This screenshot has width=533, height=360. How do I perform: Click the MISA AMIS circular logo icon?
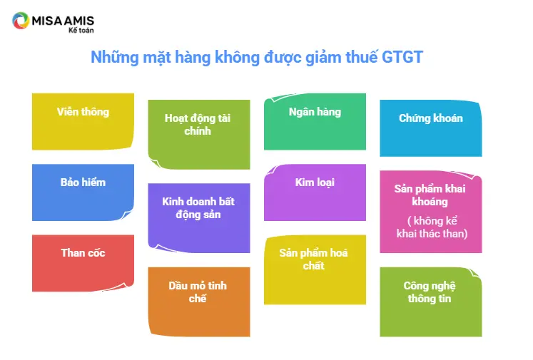click(21, 21)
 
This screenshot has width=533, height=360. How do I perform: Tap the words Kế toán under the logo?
click(81, 30)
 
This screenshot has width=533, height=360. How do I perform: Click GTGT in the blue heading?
click(402, 57)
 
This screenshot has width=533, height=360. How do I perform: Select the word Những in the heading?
click(115, 58)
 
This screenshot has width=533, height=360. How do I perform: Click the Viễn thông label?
click(83, 112)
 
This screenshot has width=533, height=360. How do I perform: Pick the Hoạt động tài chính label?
click(198, 125)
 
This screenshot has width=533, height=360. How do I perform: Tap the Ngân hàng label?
click(315, 112)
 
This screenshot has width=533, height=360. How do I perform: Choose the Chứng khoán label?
click(431, 118)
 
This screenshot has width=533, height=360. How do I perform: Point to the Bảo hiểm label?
click(83, 182)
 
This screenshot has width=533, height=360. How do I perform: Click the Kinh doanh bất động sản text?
click(198, 208)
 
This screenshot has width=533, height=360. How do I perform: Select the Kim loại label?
click(315, 182)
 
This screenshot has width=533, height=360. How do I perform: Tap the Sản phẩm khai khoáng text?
click(430, 195)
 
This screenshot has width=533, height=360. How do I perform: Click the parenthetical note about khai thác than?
click(432, 227)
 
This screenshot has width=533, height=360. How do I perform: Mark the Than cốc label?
click(83, 253)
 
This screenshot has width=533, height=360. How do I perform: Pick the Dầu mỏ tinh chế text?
click(198, 292)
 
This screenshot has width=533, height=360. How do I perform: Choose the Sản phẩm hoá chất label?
click(313, 259)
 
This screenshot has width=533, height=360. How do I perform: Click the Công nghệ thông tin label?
click(430, 292)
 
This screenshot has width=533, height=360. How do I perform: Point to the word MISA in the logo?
click(46, 21)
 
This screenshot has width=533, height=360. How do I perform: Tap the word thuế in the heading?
click(361, 57)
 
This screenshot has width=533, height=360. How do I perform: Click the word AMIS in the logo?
click(78, 21)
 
